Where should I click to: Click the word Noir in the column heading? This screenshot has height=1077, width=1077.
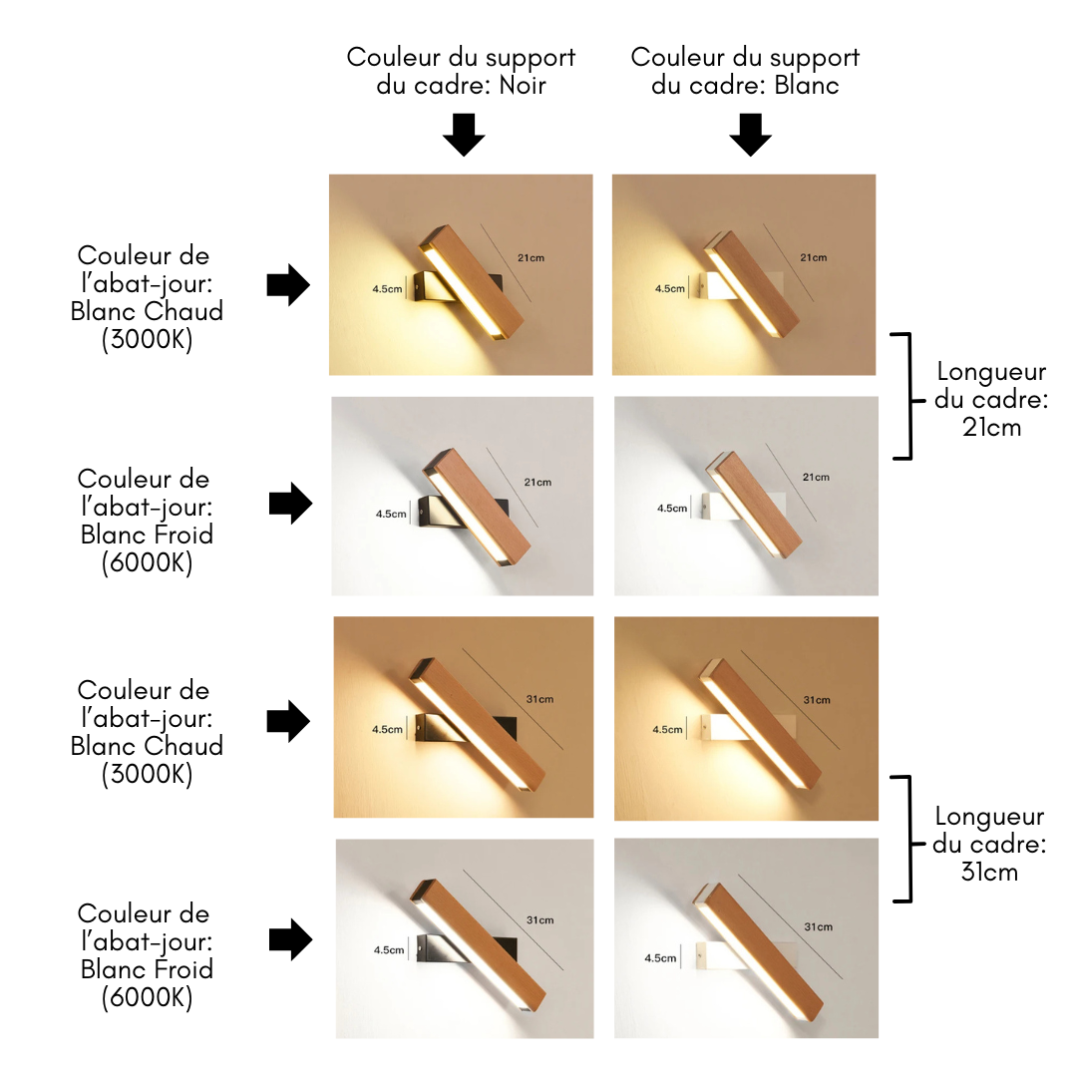pos(523,85)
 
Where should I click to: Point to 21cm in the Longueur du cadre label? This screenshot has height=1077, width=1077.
pos(991,427)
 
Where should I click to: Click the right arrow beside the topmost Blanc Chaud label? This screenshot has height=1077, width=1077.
pos(289,285)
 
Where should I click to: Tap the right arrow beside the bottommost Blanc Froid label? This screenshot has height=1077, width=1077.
pos(291,939)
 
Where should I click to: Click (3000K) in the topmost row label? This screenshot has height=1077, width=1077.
pos(147,339)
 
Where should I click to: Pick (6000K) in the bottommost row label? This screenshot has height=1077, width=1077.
pos(147,997)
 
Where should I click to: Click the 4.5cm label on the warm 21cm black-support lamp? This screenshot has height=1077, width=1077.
pos(388,289)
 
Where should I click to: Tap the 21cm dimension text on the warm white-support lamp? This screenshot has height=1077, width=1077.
pos(813,258)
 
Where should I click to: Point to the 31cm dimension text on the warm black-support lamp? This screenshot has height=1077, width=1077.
pos(539,699)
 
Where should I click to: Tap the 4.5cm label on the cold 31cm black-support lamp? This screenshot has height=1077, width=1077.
pos(388,950)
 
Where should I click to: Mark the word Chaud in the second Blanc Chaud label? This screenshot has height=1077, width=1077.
pos(184,746)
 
